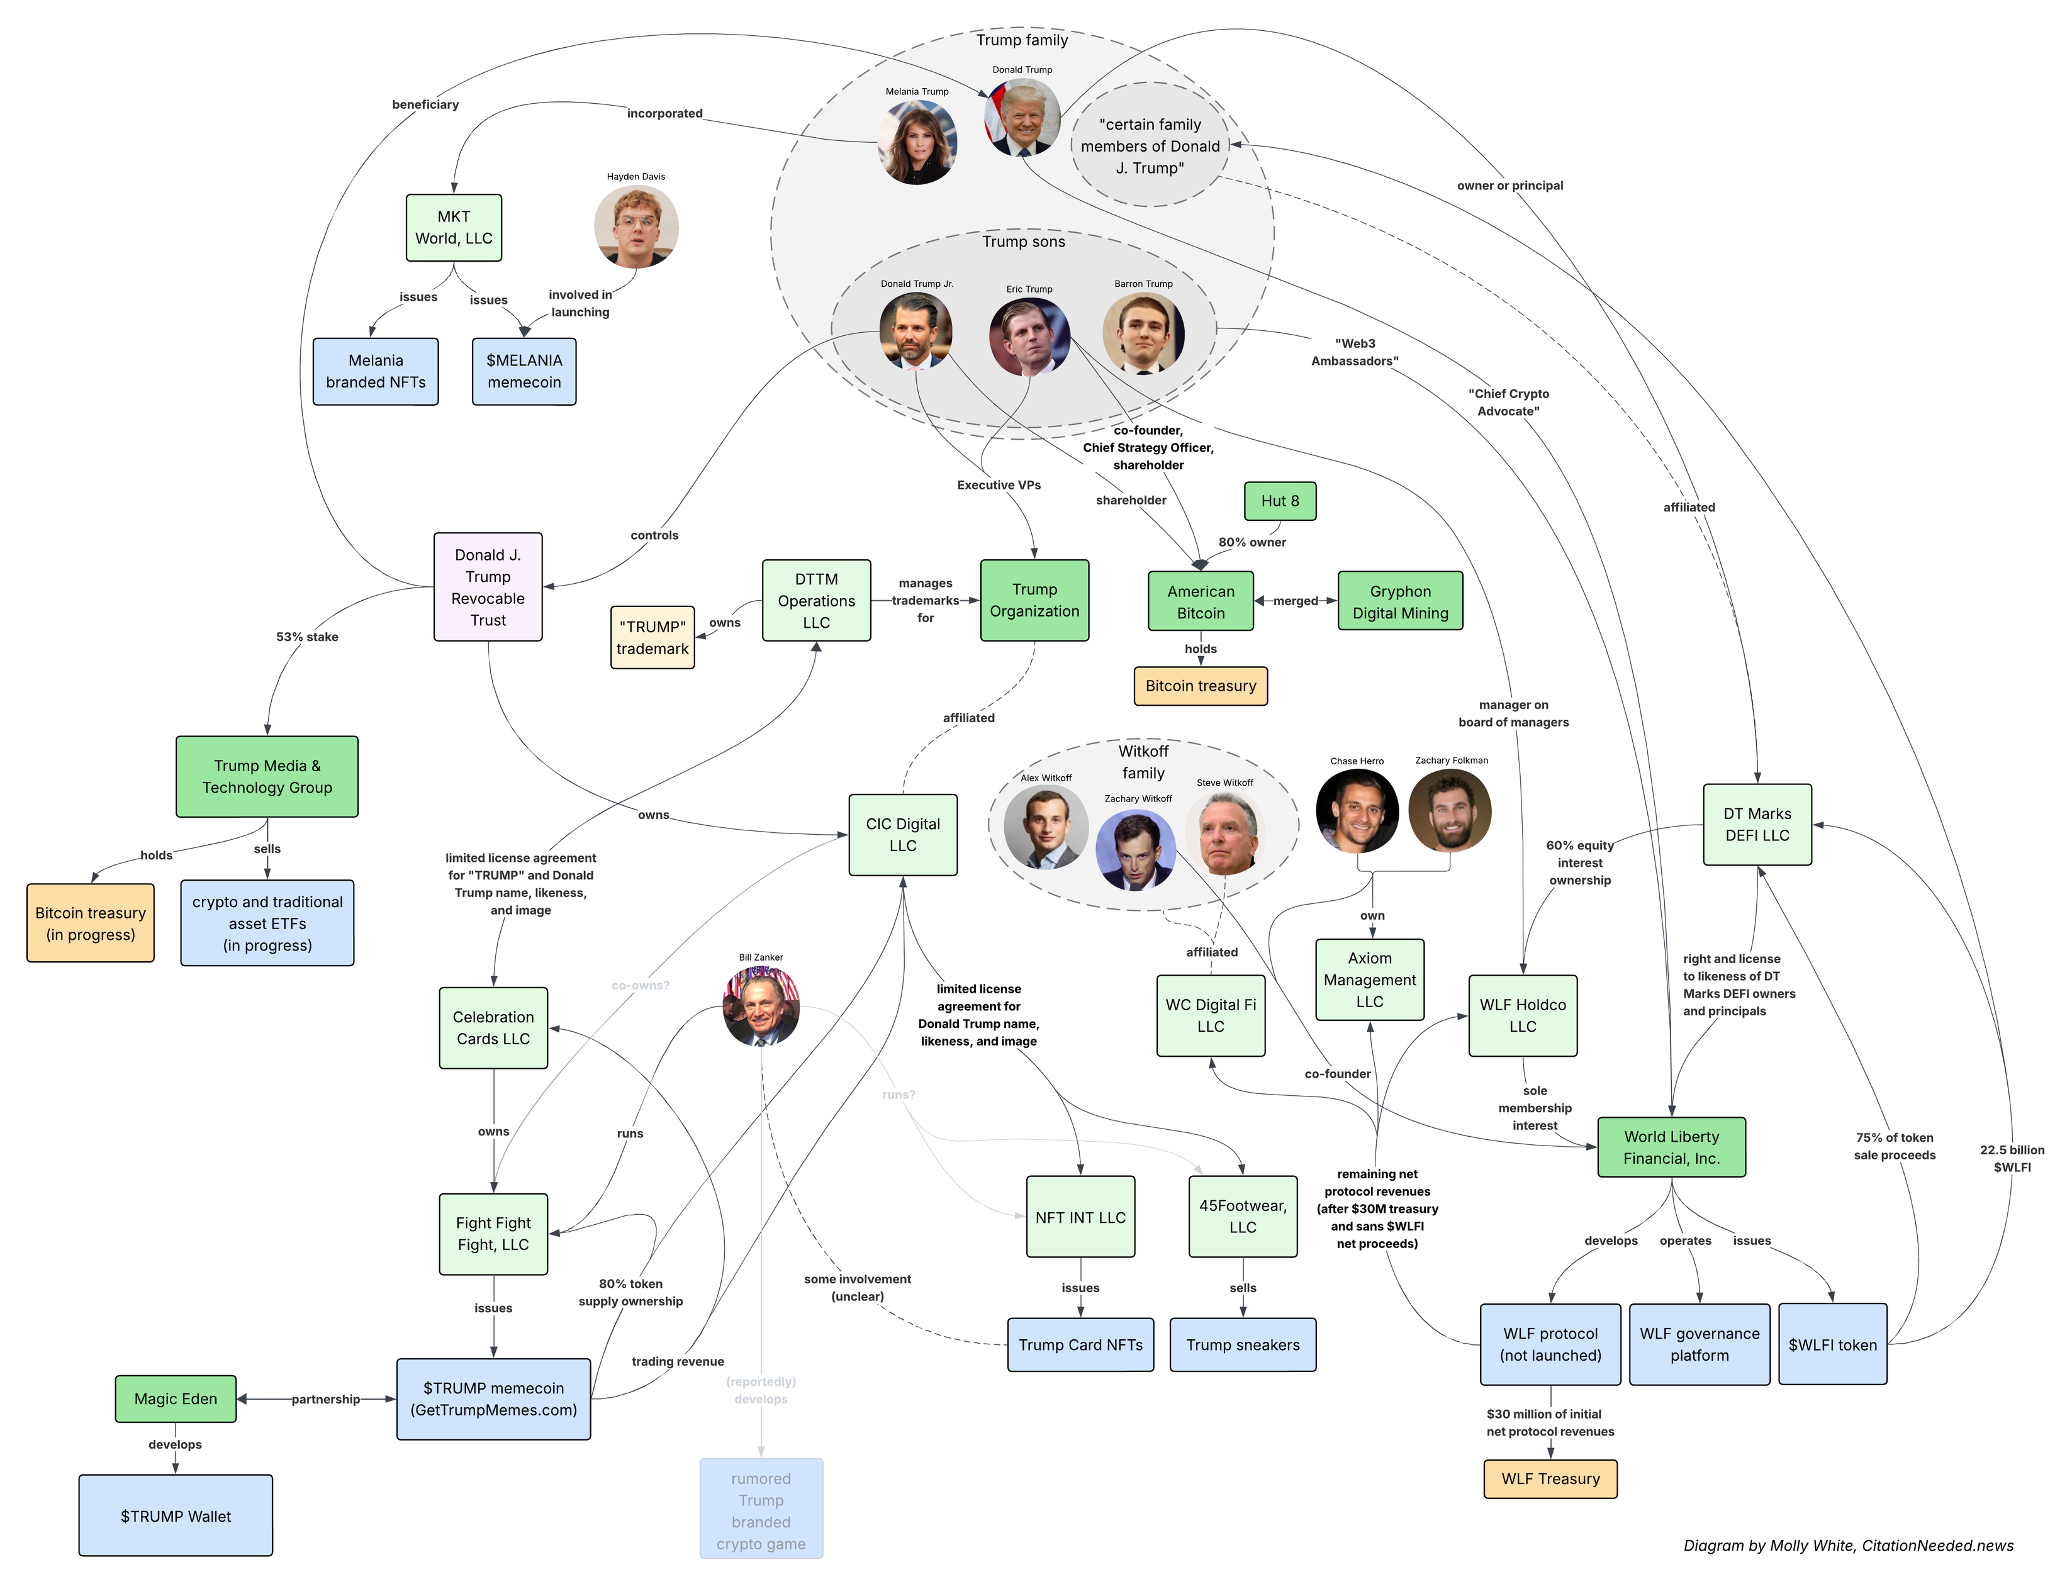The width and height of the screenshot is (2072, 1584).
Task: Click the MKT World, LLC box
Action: point(454,227)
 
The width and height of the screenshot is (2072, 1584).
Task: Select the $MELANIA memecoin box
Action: point(524,372)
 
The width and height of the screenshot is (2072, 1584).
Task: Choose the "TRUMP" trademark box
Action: point(652,637)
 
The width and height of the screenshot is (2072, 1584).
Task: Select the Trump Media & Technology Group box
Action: point(267,776)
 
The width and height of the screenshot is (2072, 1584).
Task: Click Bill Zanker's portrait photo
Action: point(761,1007)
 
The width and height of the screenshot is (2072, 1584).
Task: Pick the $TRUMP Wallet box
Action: point(176,1515)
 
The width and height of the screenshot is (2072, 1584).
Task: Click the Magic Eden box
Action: point(176,1398)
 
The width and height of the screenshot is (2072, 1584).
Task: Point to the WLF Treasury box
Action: point(1550,1478)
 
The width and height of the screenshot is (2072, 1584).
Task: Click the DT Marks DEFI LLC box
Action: point(1756,824)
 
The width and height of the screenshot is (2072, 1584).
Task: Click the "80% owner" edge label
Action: point(1252,542)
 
